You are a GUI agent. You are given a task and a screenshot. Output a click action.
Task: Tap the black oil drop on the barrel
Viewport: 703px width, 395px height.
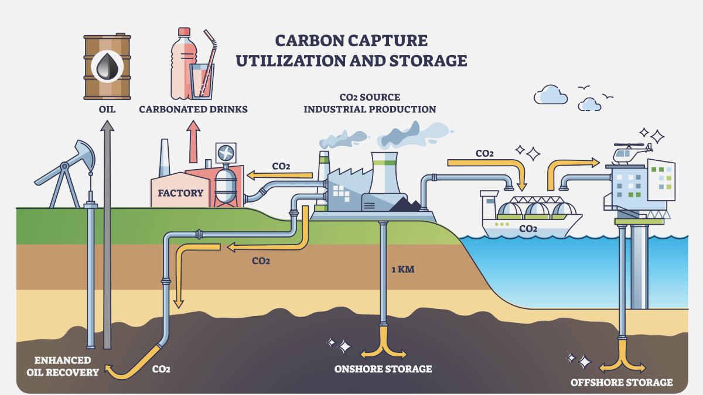click(108, 66)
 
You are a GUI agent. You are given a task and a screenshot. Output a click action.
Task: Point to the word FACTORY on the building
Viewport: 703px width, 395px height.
click(180, 193)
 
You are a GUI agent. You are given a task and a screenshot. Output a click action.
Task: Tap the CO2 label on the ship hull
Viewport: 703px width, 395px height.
click(528, 229)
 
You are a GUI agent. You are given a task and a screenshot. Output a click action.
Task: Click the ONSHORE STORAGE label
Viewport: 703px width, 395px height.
click(383, 369)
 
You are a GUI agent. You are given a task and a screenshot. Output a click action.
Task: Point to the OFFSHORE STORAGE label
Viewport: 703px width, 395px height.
click(622, 383)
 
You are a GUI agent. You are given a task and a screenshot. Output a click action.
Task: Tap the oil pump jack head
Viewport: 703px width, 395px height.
click(85, 153)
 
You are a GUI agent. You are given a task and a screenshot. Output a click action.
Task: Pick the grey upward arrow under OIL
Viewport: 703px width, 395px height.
click(107, 234)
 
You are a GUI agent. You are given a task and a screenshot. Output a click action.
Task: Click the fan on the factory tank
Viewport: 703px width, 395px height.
click(226, 154)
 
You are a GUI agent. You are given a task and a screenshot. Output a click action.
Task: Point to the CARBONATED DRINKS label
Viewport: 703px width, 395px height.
click(193, 109)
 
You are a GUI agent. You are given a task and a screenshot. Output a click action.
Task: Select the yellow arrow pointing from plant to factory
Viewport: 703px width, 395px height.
click(279, 174)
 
